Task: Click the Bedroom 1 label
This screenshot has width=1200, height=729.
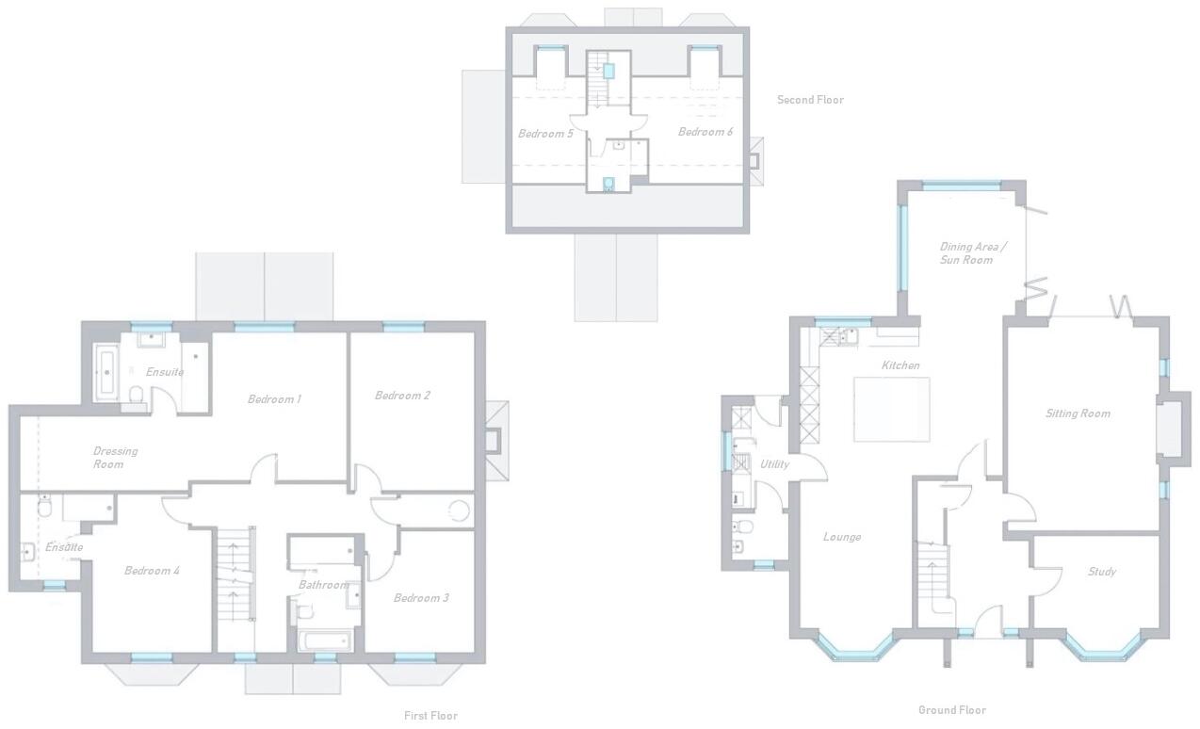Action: click(274, 399)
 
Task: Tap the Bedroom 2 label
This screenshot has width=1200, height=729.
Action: click(402, 396)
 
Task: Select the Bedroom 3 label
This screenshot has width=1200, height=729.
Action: click(421, 598)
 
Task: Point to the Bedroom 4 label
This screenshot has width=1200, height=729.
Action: click(152, 571)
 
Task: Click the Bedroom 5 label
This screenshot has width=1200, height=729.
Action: click(545, 134)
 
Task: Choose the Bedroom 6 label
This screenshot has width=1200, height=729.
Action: click(705, 132)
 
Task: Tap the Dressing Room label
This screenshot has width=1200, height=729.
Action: click(115, 458)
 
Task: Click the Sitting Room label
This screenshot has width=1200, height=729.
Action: click(1078, 413)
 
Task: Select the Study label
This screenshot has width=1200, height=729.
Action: click(1101, 572)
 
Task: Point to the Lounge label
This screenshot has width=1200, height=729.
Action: click(841, 537)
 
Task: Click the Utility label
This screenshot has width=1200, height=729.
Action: click(774, 464)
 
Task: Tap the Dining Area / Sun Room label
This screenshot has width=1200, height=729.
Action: click(972, 253)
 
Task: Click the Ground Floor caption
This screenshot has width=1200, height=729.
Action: click(951, 710)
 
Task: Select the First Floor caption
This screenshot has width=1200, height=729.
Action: click(430, 716)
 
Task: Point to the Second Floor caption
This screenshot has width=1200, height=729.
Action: click(810, 100)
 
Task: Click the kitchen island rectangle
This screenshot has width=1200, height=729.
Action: click(891, 409)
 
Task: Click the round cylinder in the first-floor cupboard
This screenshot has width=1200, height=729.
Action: click(458, 510)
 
